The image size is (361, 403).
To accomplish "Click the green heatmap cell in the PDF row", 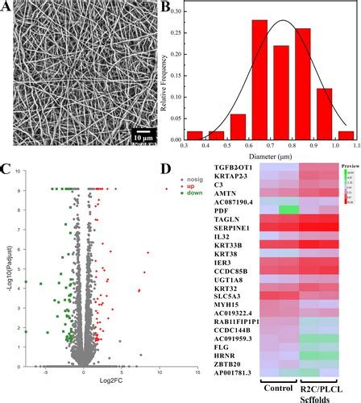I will [x=286, y=210].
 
